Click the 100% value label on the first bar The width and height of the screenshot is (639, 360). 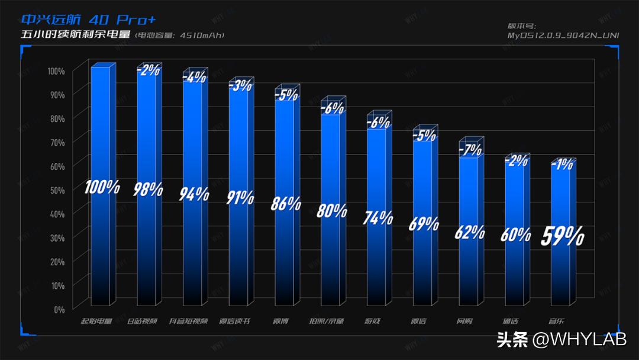[x=102, y=188]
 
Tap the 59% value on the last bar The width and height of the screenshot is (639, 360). [x=563, y=236]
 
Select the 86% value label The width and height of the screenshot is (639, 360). [x=286, y=203]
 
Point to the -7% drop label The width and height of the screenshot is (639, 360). [x=470, y=149]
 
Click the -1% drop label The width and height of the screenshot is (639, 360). [x=562, y=165]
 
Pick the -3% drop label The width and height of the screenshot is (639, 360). [x=241, y=85]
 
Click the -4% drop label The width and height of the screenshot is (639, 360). [x=195, y=76]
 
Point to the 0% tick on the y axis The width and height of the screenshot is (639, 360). [x=59, y=309]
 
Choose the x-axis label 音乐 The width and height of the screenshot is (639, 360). [x=557, y=322]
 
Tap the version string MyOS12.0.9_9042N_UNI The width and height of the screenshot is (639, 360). [x=563, y=35]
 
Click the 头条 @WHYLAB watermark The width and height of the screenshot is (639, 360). [x=561, y=340]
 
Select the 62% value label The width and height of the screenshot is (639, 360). [x=470, y=232]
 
